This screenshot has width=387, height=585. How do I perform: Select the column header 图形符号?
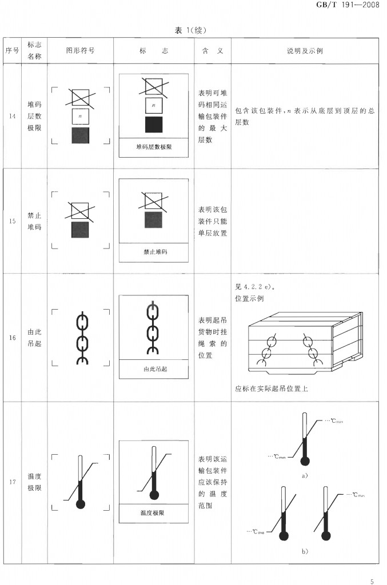[80, 51]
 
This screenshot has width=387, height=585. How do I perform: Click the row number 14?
[13, 117]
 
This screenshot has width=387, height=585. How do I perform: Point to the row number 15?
[13, 221]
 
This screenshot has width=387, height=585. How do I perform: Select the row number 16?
[13, 338]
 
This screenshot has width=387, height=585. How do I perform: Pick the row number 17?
[13, 482]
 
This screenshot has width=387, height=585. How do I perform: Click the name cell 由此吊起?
[35, 338]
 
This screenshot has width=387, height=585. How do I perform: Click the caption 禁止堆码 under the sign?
[154, 251]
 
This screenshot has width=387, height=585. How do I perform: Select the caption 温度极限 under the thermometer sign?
[153, 513]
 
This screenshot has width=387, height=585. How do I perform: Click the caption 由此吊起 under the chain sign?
[154, 369]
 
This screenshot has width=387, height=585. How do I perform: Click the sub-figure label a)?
[305, 475]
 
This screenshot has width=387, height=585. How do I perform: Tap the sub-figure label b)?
[305, 551]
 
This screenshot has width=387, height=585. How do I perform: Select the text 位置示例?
[249, 298]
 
